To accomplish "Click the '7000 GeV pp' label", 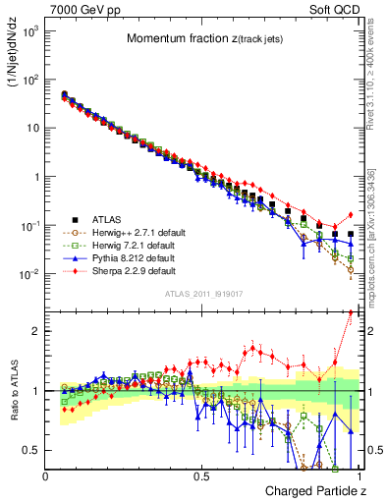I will pyautogui.click(x=80, y=9).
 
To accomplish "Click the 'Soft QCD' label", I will pyautogui.click(x=335, y=9).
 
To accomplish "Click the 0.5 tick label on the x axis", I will pyautogui.click(x=201, y=475).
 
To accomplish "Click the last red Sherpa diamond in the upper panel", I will pyautogui.click(x=351, y=215).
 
